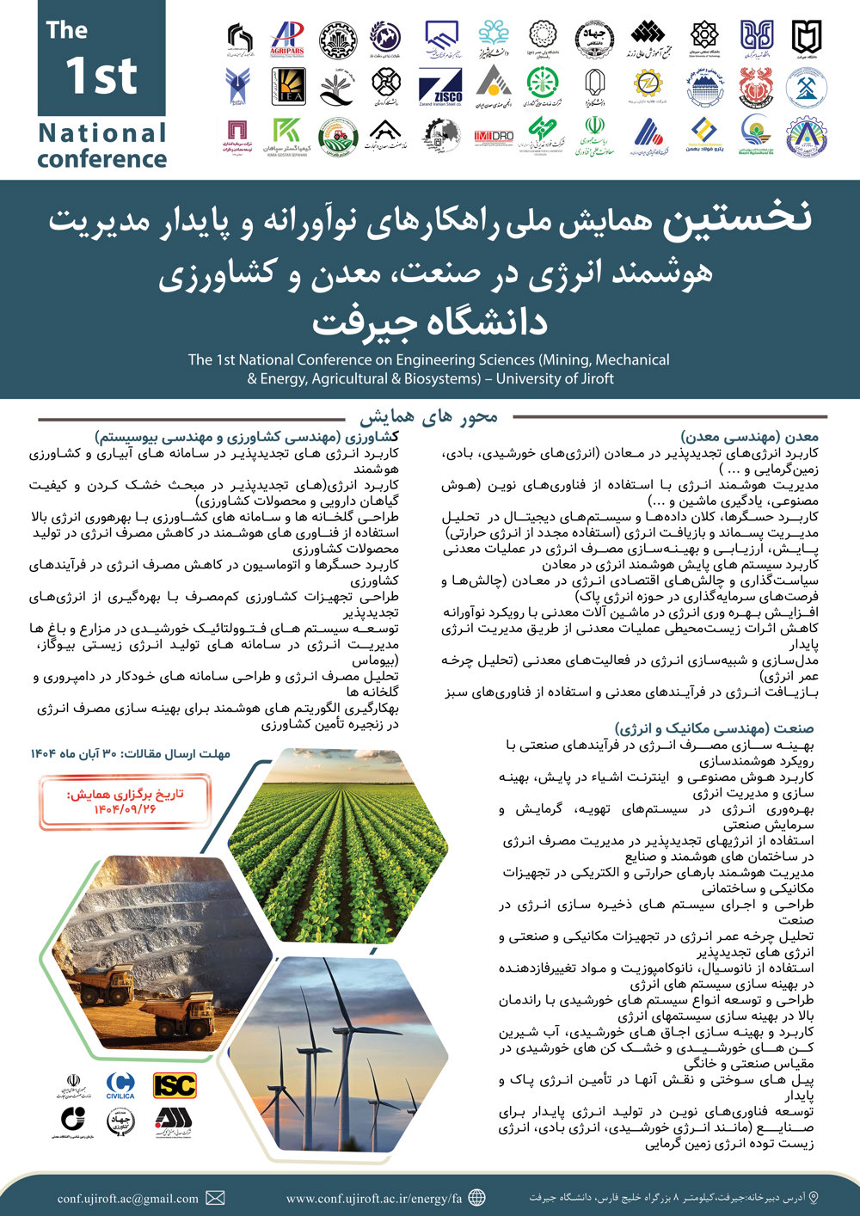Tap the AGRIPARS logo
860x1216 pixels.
(x=287, y=38)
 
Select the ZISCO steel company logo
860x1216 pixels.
(x=440, y=87)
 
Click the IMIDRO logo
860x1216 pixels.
(x=494, y=136)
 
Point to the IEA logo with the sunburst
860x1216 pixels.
(x=288, y=86)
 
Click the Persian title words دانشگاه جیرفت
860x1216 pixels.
(x=429, y=322)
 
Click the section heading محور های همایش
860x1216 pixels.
(x=428, y=417)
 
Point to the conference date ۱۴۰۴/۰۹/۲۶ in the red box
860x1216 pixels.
(x=126, y=809)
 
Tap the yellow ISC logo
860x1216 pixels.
(x=175, y=1085)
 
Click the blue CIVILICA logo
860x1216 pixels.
(x=120, y=1085)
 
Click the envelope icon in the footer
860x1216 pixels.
(x=216, y=1198)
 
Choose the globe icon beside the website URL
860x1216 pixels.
(x=476, y=1198)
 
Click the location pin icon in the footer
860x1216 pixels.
(x=814, y=1197)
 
